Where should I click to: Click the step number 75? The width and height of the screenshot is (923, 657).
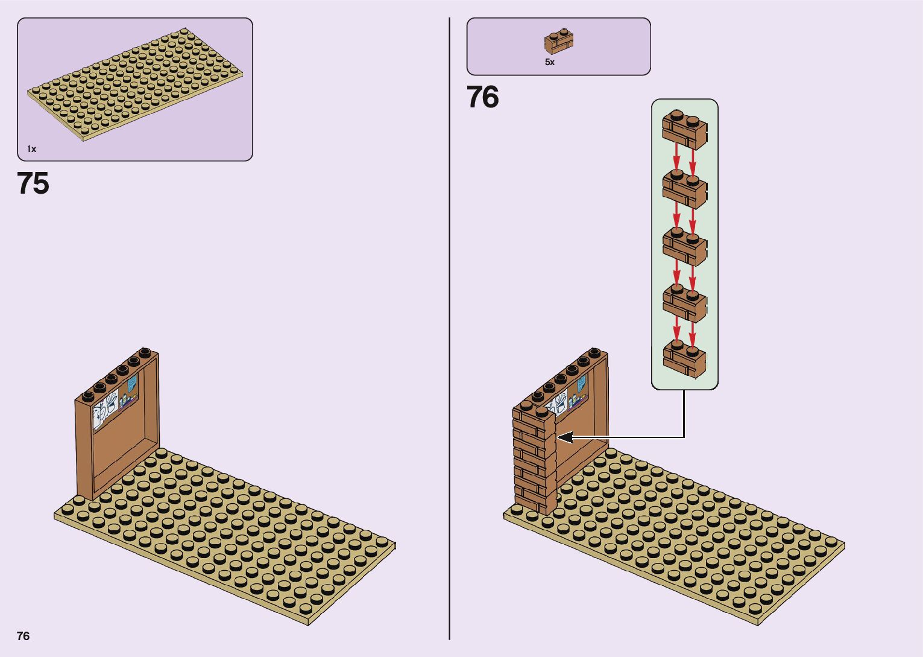click(x=33, y=183)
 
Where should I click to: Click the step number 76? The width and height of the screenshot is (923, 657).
click(x=482, y=97)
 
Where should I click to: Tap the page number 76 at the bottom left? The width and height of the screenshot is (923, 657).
click(x=23, y=636)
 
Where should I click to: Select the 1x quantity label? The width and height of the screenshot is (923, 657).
click(x=31, y=149)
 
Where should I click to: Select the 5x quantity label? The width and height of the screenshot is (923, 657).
click(x=549, y=62)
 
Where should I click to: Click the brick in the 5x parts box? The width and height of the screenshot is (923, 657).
click(x=559, y=41)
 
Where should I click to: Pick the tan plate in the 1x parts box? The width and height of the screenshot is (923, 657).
click(x=136, y=84)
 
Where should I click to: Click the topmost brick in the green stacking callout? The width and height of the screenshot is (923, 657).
click(x=684, y=129)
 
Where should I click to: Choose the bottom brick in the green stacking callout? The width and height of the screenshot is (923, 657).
click(x=684, y=359)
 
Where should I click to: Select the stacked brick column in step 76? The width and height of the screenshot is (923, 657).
click(x=534, y=459)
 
